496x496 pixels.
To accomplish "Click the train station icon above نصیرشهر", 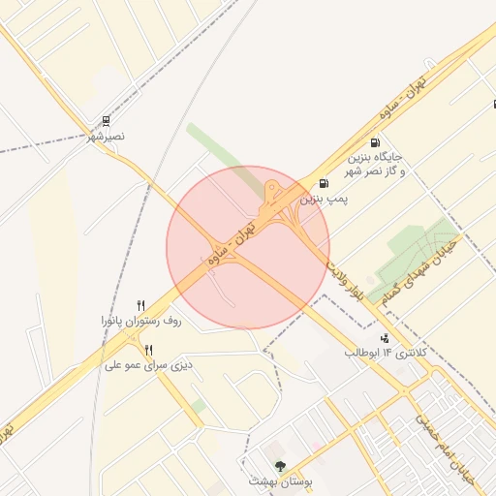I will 105,122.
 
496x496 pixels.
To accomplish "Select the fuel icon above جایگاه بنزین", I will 375,143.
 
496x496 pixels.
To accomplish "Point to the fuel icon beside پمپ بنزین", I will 323,183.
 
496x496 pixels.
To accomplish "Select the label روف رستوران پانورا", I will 141,320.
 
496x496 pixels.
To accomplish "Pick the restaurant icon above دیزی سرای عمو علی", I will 148,350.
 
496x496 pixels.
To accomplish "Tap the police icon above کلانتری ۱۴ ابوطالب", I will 385,338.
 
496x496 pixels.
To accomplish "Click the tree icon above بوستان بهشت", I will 280,466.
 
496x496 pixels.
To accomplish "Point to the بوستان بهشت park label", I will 278,481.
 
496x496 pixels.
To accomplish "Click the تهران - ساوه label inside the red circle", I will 230,244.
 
